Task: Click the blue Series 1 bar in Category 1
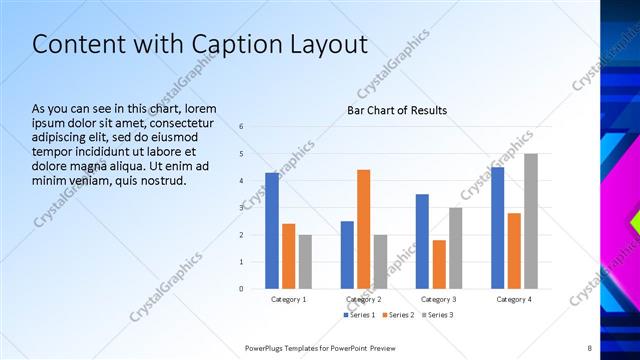(272, 230)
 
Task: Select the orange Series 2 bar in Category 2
(363, 229)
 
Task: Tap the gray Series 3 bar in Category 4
(531, 221)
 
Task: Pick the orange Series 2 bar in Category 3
(439, 264)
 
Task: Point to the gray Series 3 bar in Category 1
(305, 261)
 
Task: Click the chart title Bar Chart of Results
(397, 110)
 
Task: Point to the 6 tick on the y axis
(241, 127)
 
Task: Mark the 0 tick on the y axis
(241, 288)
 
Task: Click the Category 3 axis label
(439, 300)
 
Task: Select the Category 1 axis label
(289, 300)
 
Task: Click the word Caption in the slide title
(218, 45)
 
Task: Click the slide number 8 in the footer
(589, 347)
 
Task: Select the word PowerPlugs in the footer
(268, 347)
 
